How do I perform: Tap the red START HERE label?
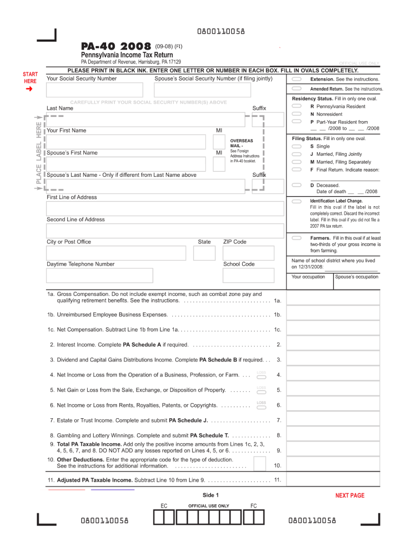(x=30, y=78)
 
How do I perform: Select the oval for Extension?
(x=297, y=79)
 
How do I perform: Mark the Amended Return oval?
(x=297, y=89)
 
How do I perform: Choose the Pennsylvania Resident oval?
(x=297, y=107)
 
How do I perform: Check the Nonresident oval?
(x=297, y=114)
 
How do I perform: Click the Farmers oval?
(x=297, y=238)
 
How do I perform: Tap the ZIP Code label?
(x=234, y=242)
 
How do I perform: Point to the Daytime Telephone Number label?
(x=81, y=264)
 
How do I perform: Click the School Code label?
(x=239, y=264)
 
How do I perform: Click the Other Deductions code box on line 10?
(x=260, y=464)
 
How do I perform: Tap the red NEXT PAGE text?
(x=350, y=496)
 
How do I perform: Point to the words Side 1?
(x=210, y=495)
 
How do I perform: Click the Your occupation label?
(x=308, y=277)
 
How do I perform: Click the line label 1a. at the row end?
(x=277, y=300)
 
